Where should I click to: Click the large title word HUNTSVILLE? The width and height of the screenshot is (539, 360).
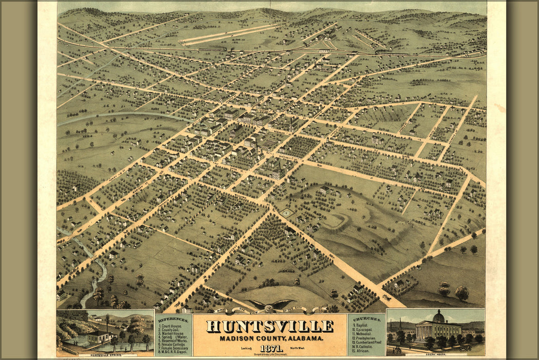tap(270, 326)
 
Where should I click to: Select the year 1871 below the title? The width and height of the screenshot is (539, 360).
tap(270, 348)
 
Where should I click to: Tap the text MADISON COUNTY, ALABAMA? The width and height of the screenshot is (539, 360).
tap(270, 338)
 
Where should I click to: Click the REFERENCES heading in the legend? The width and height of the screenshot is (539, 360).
tap(173, 319)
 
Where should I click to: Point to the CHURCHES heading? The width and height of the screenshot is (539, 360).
tap(366, 319)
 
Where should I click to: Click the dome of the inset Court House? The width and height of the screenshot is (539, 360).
tap(438, 316)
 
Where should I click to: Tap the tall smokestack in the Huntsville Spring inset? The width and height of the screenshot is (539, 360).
tap(106, 323)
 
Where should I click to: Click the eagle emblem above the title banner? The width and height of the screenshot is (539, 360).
tap(270, 304)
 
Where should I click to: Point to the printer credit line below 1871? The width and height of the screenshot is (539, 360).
tap(270, 354)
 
